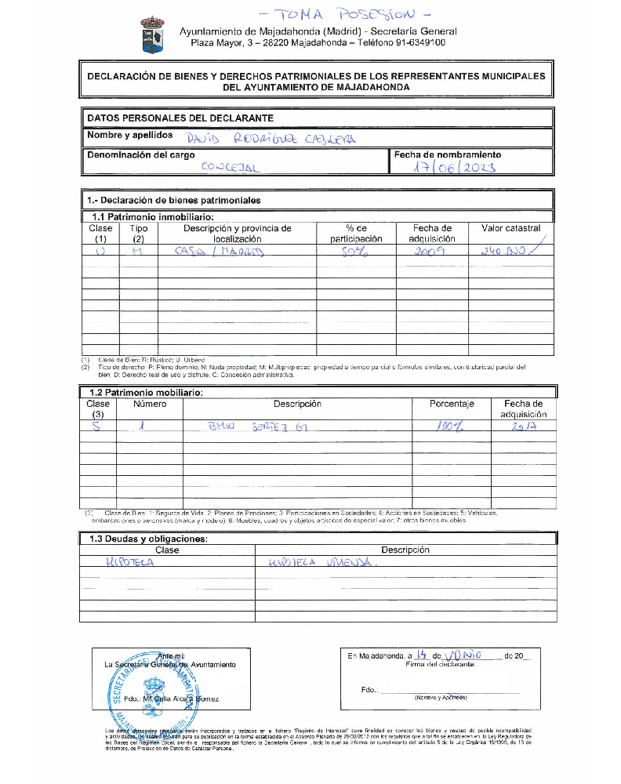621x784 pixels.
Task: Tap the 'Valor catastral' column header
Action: pos(510,228)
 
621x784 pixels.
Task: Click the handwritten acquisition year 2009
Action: pos(430,251)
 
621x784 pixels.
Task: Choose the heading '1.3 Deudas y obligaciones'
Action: pos(150,539)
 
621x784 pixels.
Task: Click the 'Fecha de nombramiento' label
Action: pos(447,154)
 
